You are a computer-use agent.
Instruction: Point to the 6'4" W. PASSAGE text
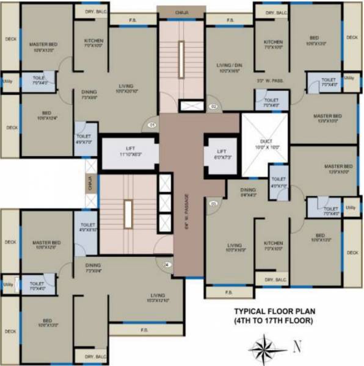pyautogui.click(x=187, y=208)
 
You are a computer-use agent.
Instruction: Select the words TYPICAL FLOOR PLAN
pyautogui.click(x=269, y=310)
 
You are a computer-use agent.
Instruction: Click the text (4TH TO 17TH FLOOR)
pyautogui.click(x=269, y=320)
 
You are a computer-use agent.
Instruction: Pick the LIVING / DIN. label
pyautogui.click(x=230, y=68)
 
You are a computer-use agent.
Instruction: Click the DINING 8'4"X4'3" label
pyautogui.click(x=247, y=193)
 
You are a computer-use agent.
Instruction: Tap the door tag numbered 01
pyautogui.click(x=151, y=126)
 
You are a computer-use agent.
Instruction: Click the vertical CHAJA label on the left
pyautogui.click(x=90, y=182)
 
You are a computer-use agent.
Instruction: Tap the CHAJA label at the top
pyautogui.click(x=181, y=11)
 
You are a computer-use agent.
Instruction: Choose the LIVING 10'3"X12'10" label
pyautogui.click(x=158, y=298)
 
